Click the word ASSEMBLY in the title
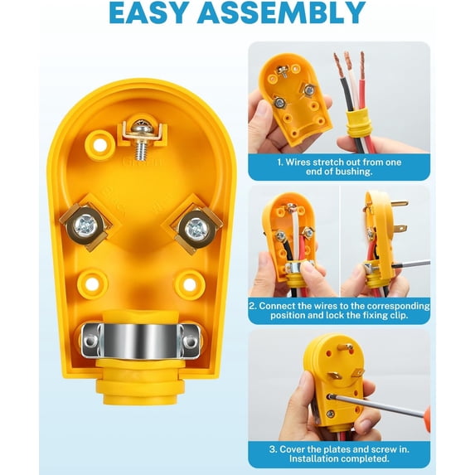coord(281,12)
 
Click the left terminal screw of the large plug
coord(85,225)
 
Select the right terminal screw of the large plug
coord(196,228)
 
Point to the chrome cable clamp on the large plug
coord(140,341)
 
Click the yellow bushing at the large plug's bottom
coord(140,381)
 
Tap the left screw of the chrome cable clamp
coord(90,341)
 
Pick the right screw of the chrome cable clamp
coord(190,342)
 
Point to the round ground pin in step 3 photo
coord(349,347)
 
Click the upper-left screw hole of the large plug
coord(99,145)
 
